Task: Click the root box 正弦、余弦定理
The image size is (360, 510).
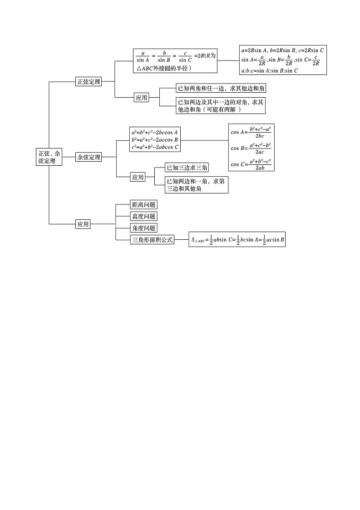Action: click(x=49, y=157)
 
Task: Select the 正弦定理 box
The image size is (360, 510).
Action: click(x=89, y=82)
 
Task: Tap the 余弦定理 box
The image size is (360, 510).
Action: click(x=89, y=157)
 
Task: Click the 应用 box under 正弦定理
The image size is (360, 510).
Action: click(x=142, y=97)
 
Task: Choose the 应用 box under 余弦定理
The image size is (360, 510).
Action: click(x=138, y=177)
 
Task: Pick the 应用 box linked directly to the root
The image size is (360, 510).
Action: click(x=83, y=224)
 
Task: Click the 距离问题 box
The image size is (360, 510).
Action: click(x=143, y=205)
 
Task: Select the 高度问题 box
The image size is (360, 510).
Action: click(x=143, y=217)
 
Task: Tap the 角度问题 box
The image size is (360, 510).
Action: click(x=143, y=228)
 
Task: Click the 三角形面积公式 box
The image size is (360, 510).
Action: click(x=153, y=240)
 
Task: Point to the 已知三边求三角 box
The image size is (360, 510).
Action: click(x=187, y=168)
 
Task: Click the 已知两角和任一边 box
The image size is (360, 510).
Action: click(x=221, y=88)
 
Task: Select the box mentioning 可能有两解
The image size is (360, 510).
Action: click(x=221, y=106)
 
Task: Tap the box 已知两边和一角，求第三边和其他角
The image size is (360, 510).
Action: click(x=196, y=185)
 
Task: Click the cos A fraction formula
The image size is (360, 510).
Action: click(x=251, y=132)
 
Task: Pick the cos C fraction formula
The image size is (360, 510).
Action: click(x=251, y=164)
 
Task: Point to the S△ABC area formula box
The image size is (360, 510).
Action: click(x=237, y=239)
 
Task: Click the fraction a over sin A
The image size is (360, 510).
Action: click(x=143, y=56)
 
